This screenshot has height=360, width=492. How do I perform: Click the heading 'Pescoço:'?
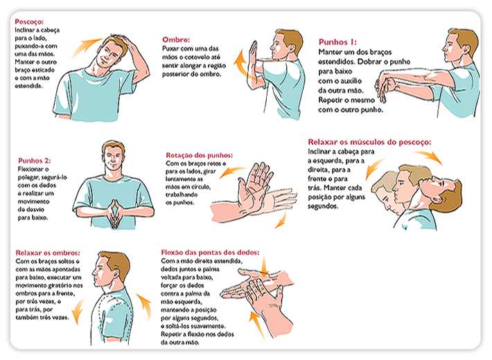(30, 21)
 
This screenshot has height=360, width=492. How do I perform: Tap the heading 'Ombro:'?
(177, 39)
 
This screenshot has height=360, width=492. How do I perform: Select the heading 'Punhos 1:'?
(340, 42)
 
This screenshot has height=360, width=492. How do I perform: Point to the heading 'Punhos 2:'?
(33, 161)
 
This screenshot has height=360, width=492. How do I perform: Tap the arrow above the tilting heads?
(434, 156)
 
